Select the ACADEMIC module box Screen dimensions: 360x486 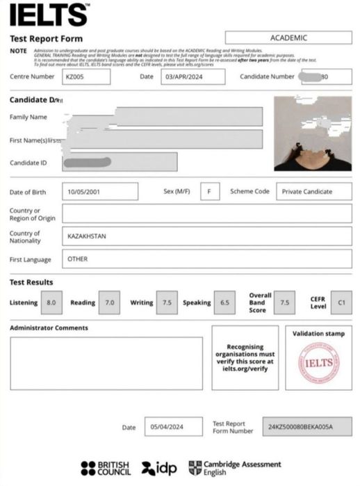[x=288, y=38]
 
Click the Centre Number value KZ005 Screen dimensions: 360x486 [x=85, y=76]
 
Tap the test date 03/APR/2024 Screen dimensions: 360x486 [x=192, y=76]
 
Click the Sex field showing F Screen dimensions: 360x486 [x=208, y=192]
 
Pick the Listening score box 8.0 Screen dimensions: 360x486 [x=51, y=303]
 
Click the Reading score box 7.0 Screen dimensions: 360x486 [x=109, y=303]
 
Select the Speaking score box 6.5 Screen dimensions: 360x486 [x=224, y=303]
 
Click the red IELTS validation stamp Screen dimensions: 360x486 [x=318, y=363]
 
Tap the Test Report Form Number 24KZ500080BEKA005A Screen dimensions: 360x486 [x=307, y=427]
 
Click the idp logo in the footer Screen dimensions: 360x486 [x=158, y=469]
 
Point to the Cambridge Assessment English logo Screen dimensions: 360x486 [x=235, y=468]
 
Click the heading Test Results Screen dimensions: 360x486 [x=31, y=282]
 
